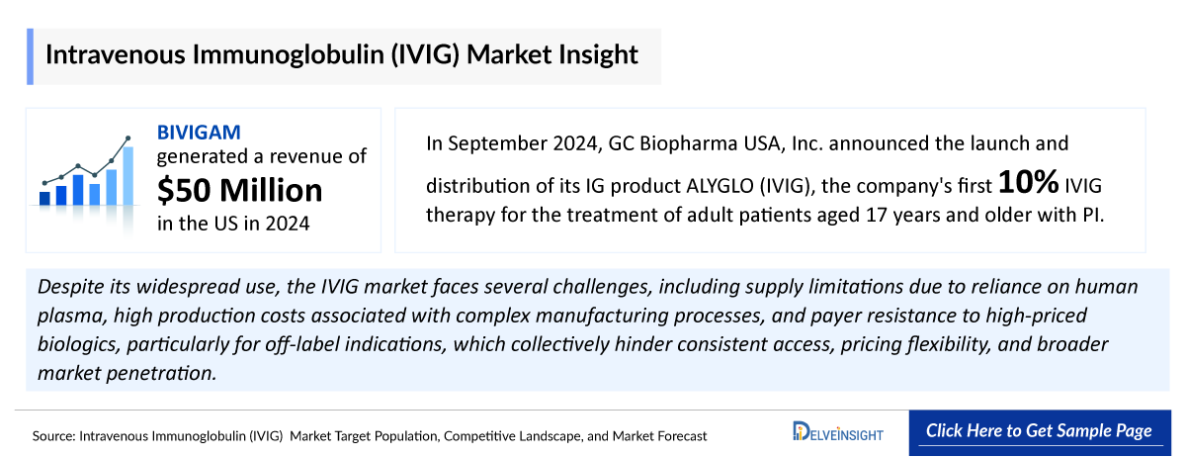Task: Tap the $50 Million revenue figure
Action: click(x=240, y=189)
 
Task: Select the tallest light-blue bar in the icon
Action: click(x=127, y=176)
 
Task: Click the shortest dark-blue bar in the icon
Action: click(x=44, y=198)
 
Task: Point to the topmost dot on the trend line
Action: click(x=127, y=138)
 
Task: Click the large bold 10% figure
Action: click(x=1028, y=183)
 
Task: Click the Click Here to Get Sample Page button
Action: click(x=1038, y=431)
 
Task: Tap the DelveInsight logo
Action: click(x=838, y=432)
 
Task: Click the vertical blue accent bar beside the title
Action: click(x=30, y=56)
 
